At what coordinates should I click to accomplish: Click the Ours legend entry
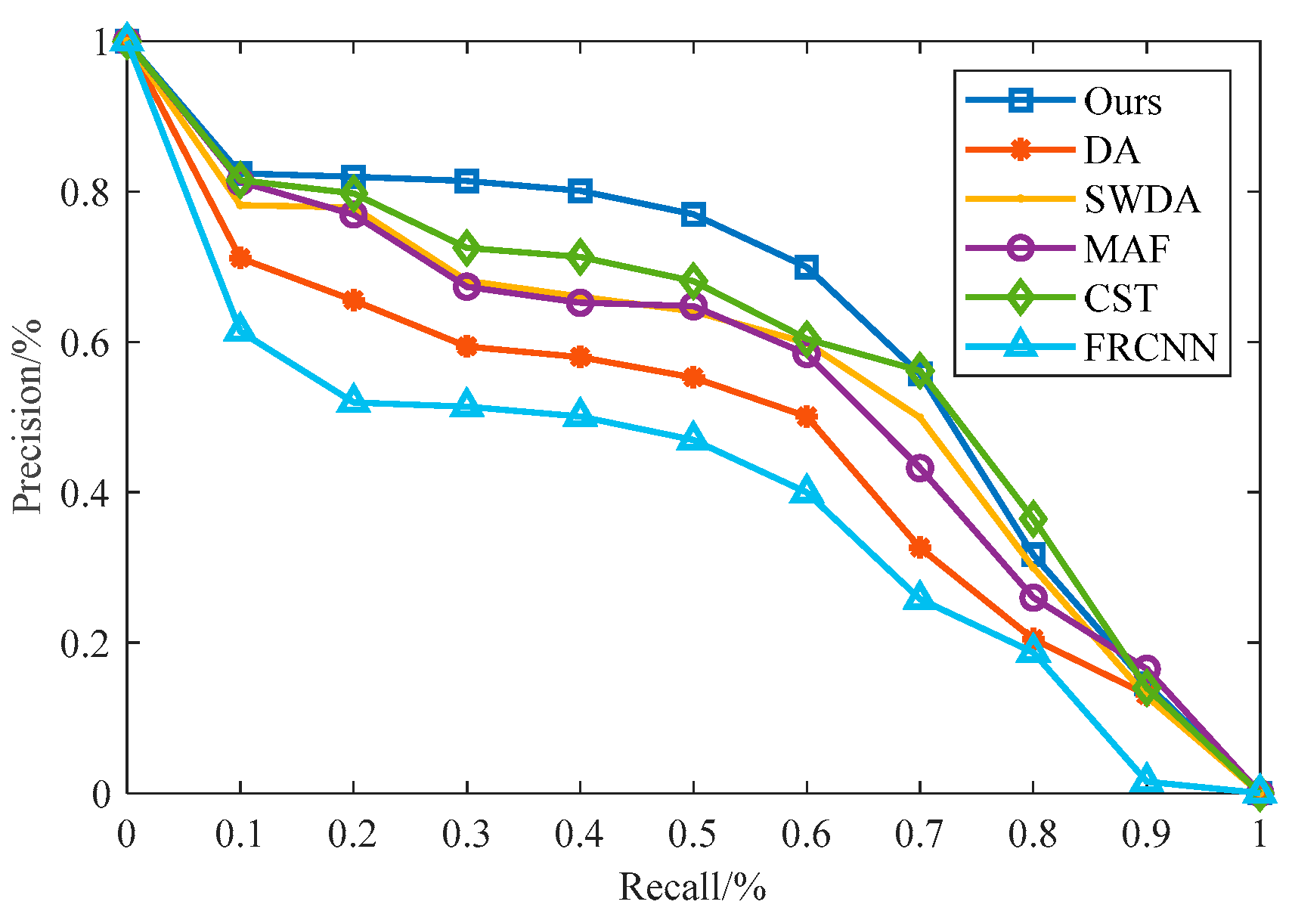(x=1122, y=101)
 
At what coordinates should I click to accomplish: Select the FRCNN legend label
(x=1150, y=348)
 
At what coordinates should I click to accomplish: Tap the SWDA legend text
(x=1142, y=200)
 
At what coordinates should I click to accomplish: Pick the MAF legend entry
(x=1126, y=249)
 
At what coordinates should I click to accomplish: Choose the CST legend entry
(x=1120, y=298)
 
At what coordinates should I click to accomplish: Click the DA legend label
(x=1111, y=150)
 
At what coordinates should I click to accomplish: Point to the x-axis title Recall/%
(x=692, y=887)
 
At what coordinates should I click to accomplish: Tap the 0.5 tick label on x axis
(x=692, y=834)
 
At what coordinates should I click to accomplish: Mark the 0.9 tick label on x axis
(x=1145, y=834)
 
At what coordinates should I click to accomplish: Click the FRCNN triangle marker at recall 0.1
(x=240, y=328)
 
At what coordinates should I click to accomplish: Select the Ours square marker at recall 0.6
(x=806, y=268)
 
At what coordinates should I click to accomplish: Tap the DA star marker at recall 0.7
(x=919, y=547)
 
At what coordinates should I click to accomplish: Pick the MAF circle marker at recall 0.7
(x=919, y=469)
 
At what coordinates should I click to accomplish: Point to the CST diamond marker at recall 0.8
(x=1033, y=519)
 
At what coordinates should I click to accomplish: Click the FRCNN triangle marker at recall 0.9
(x=1146, y=778)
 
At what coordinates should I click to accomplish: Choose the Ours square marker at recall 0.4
(x=580, y=191)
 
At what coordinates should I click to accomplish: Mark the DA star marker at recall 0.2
(x=353, y=300)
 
